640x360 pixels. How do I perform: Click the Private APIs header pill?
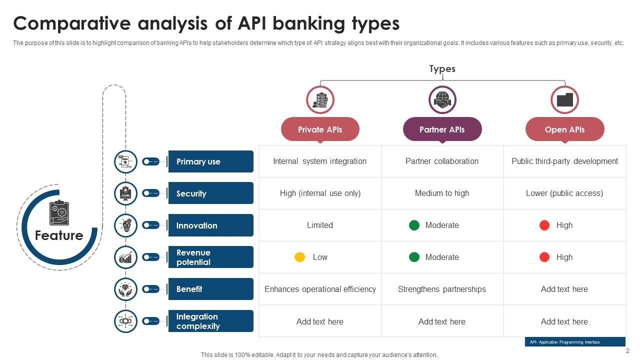tap(320, 129)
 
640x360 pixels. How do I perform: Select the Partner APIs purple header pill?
tap(442, 129)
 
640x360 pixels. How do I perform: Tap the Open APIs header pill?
tap(564, 129)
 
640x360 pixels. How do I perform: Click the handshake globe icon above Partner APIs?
tap(442, 100)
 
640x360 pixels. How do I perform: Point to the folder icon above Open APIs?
tap(564, 100)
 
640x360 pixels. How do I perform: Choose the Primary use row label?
tap(210, 161)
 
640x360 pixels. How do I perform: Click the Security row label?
tap(210, 193)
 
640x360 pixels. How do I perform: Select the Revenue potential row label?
tap(210, 257)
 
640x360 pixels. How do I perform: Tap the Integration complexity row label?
tap(210, 321)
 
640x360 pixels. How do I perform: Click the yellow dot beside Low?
tap(299, 257)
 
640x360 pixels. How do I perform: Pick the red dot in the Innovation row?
tap(544, 225)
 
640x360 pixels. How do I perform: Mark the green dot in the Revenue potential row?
tap(414, 257)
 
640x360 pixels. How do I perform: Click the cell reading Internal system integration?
tap(320, 161)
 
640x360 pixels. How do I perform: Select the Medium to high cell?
tap(442, 193)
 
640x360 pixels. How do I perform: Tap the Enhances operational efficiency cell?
tap(320, 289)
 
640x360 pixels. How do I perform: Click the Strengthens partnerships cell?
tap(442, 289)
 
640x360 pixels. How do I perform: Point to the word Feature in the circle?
tap(59, 235)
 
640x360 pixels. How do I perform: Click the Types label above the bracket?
tap(442, 68)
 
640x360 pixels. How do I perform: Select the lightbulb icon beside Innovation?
tap(125, 225)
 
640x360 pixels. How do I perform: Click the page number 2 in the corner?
tap(627, 351)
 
